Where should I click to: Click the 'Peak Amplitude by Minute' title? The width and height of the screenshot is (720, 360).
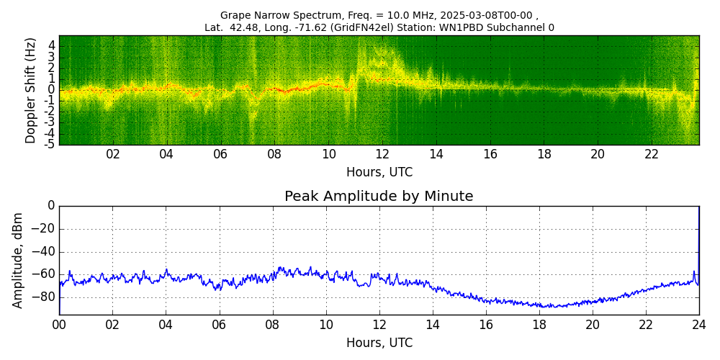(379, 197)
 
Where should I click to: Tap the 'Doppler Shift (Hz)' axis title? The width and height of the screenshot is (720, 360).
(31, 91)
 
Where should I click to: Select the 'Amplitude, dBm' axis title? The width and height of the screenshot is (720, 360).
(19, 260)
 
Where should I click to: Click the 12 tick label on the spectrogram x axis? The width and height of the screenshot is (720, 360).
(382, 155)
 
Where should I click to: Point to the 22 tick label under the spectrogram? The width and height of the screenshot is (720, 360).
(652, 155)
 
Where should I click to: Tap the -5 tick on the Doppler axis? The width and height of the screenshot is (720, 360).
(51, 144)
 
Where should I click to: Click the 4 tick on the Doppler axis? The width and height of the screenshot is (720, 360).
(52, 45)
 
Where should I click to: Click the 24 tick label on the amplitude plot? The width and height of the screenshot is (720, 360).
(699, 325)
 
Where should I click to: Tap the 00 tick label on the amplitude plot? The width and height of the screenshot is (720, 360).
(59, 325)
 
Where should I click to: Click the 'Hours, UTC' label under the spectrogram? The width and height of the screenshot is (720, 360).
(379, 173)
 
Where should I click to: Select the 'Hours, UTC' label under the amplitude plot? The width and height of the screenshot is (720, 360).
(379, 343)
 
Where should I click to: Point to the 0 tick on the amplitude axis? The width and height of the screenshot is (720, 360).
(51, 206)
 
